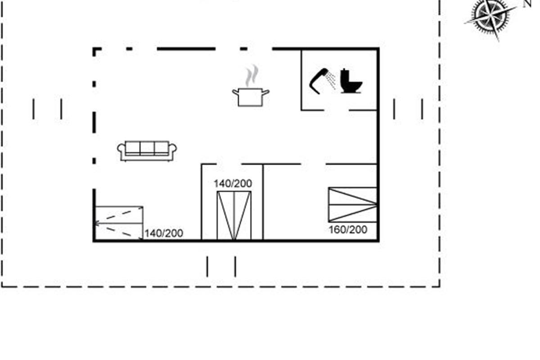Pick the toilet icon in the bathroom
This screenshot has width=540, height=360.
351,81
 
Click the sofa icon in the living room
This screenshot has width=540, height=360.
147,151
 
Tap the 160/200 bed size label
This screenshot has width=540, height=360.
348,230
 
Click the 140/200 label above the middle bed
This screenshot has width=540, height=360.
233,184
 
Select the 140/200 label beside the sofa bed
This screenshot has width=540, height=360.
164,233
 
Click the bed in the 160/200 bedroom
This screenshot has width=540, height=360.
353,204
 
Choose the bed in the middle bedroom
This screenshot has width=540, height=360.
234,216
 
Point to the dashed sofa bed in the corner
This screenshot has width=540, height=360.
119,223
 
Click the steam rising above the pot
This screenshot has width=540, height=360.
252,76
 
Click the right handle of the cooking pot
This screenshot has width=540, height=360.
265,92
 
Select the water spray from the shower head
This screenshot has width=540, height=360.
330,80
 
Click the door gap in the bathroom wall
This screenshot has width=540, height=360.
337,110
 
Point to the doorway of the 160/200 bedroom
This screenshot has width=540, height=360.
313,164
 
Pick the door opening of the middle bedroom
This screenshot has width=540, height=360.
229,164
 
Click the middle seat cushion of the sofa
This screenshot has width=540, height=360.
147,147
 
